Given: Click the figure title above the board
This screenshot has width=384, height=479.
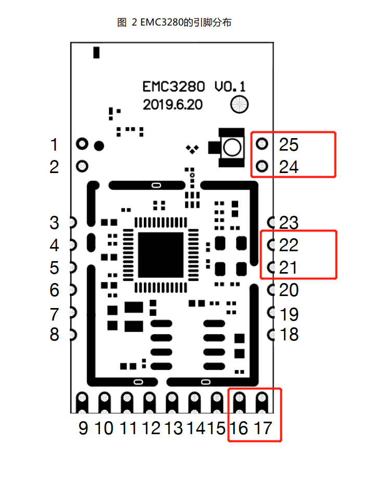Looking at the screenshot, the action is (175, 22).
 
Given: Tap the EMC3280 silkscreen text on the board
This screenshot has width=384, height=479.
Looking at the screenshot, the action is (174, 87).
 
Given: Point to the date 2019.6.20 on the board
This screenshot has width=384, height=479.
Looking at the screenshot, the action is (172, 105).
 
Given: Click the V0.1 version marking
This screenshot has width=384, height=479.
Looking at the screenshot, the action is (230, 87).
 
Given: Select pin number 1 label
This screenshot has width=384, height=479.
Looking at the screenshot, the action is (54, 144).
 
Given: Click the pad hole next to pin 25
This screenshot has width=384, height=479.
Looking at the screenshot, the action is (262, 143).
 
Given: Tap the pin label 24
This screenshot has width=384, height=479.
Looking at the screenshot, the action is (289, 167).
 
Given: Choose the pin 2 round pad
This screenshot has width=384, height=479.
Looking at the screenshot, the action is (82, 166).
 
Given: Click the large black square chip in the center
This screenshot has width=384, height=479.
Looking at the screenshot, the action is (160, 255).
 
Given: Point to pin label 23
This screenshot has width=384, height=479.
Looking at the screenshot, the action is (289, 223).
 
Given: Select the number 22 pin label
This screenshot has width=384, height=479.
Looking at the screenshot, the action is (289, 245).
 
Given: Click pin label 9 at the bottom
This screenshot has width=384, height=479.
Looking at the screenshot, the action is (83, 428).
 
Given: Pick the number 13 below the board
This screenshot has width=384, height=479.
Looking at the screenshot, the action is (174, 428).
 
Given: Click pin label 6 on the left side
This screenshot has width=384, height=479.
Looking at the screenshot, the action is (54, 290).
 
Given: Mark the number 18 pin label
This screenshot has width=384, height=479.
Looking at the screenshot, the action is (289, 334).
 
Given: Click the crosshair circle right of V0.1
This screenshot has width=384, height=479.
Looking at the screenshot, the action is (240, 104).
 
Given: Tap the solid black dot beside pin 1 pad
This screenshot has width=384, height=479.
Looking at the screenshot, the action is (99, 146).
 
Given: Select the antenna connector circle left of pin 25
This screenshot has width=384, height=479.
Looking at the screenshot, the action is (232, 148).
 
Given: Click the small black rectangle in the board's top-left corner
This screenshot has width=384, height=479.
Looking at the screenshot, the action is (96, 53).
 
